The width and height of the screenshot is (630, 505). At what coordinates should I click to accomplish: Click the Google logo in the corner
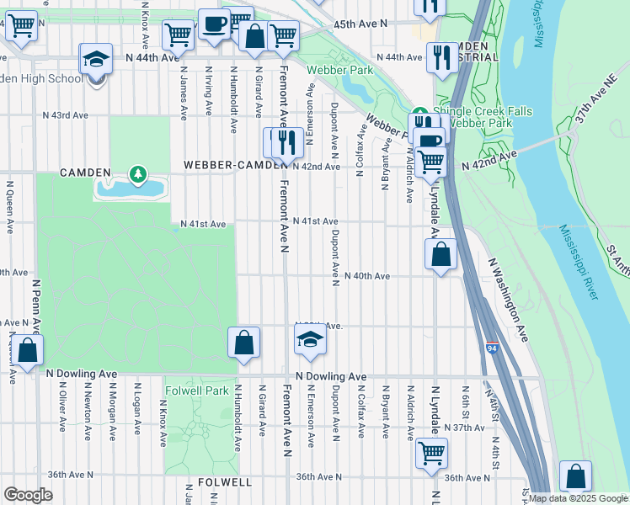(x=28, y=494)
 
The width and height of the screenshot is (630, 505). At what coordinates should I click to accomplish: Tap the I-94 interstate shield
(x=491, y=347)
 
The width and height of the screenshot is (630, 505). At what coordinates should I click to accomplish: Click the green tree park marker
(x=136, y=174)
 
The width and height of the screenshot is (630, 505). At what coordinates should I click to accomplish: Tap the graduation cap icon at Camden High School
(x=95, y=60)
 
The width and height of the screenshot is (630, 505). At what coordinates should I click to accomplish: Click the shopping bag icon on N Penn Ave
(x=27, y=351)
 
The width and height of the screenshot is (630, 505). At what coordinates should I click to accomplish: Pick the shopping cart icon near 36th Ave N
(x=431, y=453)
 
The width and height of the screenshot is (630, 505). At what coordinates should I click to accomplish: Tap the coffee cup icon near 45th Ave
(x=214, y=24)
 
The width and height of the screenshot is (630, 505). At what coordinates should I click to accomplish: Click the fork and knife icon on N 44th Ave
(x=440, y=57)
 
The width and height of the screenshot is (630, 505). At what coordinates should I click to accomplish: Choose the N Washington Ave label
(x=509, y=299)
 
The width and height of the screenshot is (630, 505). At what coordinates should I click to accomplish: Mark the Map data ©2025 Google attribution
(x=578, y=498)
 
